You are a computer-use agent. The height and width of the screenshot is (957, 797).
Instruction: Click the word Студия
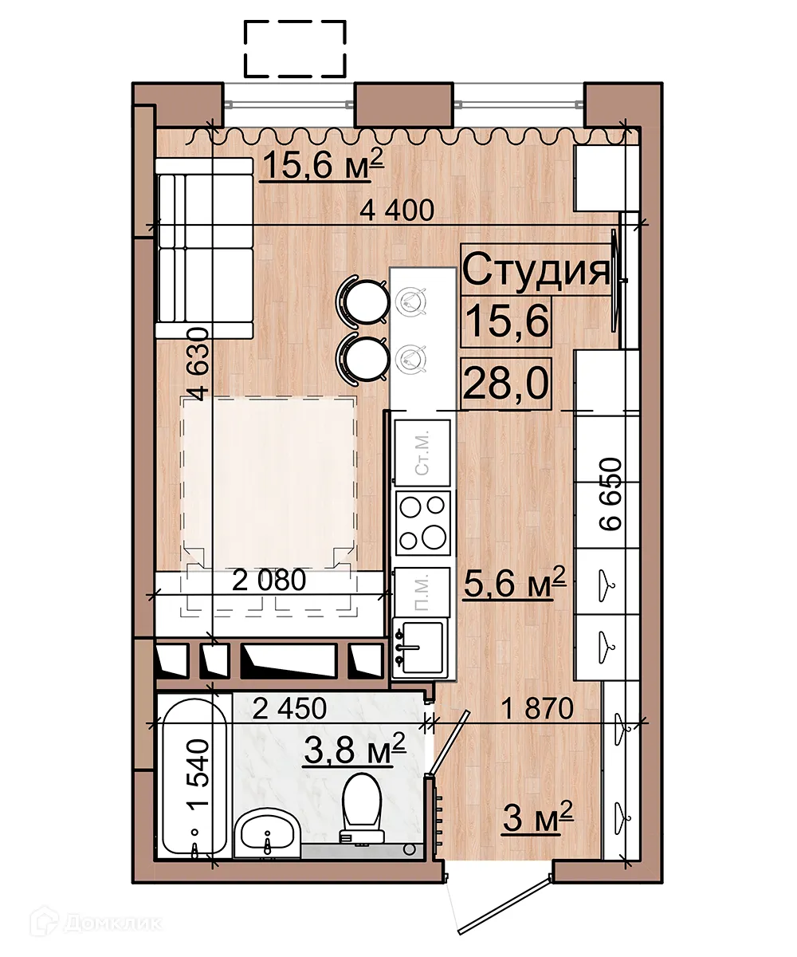[536, 271]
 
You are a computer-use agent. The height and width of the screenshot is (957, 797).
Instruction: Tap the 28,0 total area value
[505, 384]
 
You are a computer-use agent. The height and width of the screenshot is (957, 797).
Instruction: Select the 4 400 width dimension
[397, 211]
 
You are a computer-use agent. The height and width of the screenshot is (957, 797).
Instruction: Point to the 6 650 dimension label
[611, 494]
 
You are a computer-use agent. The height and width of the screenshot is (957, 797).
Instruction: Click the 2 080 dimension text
[269, 581]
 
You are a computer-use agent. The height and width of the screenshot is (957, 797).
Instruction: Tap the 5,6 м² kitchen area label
[515, 583]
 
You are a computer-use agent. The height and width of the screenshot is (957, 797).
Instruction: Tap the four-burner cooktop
[422, 523]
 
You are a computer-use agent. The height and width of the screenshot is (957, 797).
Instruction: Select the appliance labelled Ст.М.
[422, 453]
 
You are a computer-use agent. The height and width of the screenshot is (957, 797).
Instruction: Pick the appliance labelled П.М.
[422, 592]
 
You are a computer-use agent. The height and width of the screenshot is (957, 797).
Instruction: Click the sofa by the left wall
[204, 248]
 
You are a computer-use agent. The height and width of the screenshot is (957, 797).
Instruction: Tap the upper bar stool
[363, 302]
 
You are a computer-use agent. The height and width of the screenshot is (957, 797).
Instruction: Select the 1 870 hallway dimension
[537, 707]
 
